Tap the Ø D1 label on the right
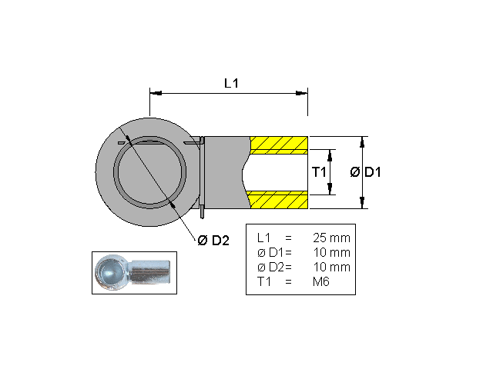point(366,172)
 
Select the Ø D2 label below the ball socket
point(214,241)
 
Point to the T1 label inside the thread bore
point(319,172)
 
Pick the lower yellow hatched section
point(279,201)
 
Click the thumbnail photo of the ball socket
point(134,271)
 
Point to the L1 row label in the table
point(263,238)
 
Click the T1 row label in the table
point(263,281)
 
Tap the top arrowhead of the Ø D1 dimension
point(363,141)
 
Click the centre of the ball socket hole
point(149,172)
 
